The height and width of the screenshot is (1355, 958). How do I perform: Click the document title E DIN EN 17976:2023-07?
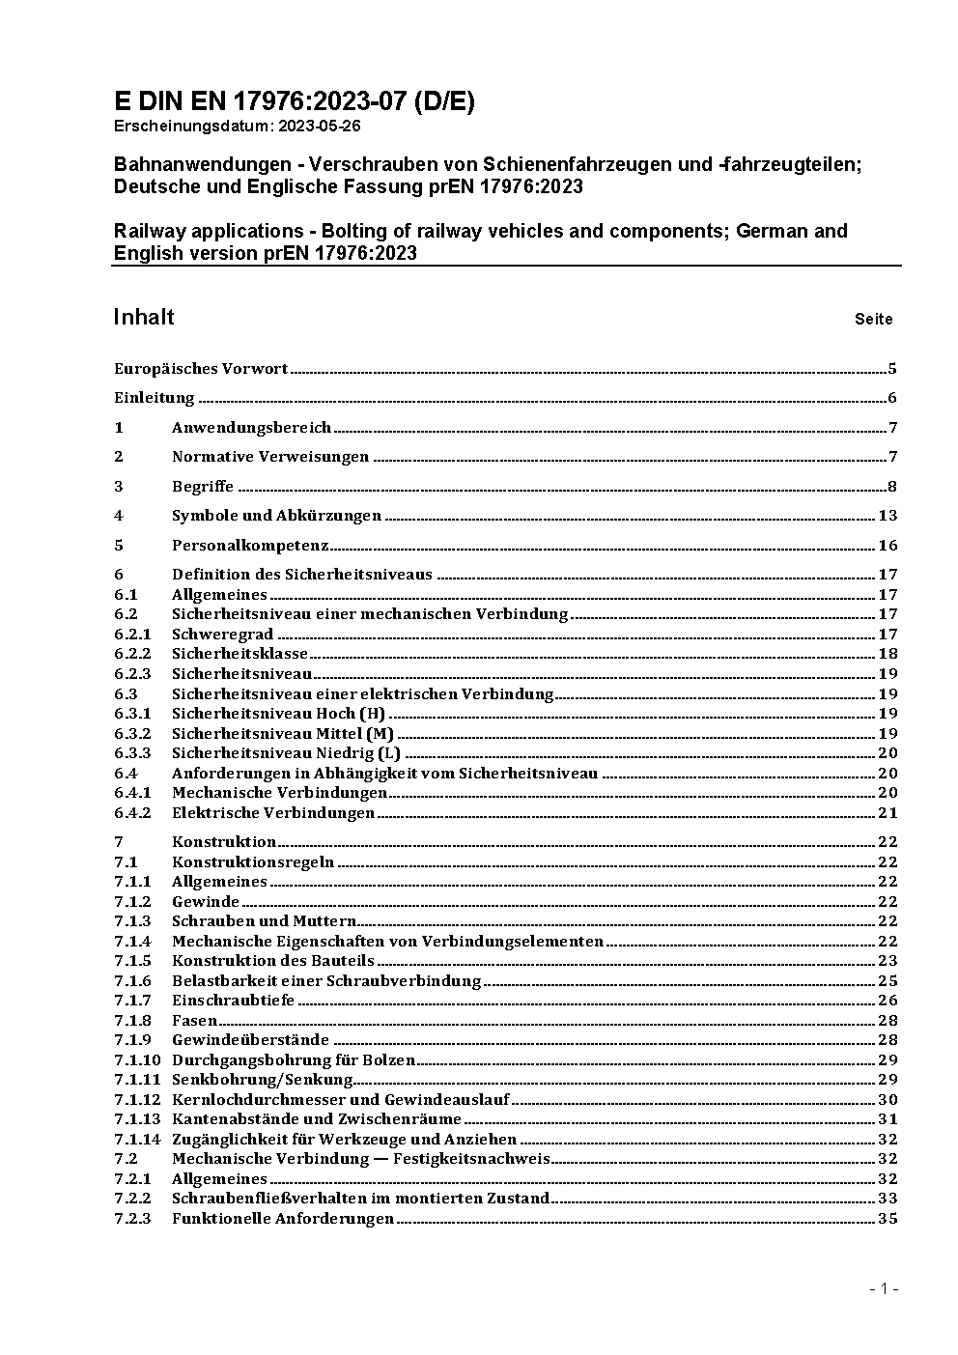pyautogui.click(x=294, y=102)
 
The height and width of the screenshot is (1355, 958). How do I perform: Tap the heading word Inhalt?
pyautogui.click(x=144, y=317)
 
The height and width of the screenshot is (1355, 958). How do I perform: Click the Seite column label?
pyautogui.click(x=873, y=319)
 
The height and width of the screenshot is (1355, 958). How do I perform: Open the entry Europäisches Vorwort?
pyautogui.click(x=201, y=368)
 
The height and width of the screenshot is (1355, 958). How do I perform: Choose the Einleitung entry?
pyautogui.click(x=155, y=398)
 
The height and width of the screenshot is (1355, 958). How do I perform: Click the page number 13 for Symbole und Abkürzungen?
pyautogui.click(x=888, y=516)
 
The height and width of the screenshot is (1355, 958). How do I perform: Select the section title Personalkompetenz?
pyautogui.click(x=250, y=545)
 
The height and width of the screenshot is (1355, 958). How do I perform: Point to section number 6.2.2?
pyautogui.click(x=132, y=654)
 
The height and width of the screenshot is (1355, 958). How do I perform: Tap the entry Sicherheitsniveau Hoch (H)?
pyautogui.click(x=278, y=714)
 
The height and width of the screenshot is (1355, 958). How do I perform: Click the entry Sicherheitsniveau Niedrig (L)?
pyautogui.click(x=286, y=753)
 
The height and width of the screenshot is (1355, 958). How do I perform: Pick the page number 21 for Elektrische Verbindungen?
pyautogui.click(x=888, y=813)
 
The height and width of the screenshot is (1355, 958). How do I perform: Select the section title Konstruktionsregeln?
pyautogui.click(x=253, y=861)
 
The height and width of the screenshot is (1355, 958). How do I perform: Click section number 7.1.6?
pyautogui.click(x=132, y=980)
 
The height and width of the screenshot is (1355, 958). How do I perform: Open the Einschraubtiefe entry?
pyautogui.click(x=233, y=1001)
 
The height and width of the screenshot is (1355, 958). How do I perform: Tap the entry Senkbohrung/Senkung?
pyautogui.click(x=262, y=1080)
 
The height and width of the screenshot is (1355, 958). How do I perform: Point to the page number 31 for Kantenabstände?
pyautogui.click(x=888, y=1119)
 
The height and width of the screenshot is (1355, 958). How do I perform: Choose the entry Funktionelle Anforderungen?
pyautogui.click(x=283, y=1219)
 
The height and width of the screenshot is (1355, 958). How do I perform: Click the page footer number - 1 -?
pyautogui.click(x=884, y=1288)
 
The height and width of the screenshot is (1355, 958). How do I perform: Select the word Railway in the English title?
pyautogui.click(x=153, y=231)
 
